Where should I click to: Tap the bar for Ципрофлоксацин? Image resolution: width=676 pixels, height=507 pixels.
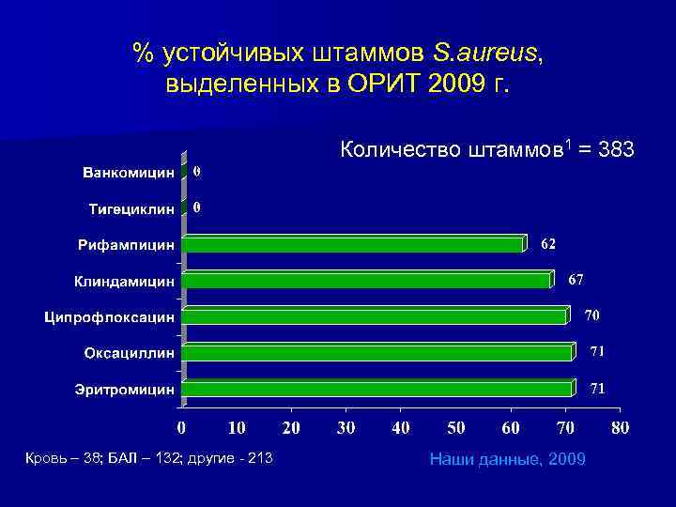pyautogui.click(x=376, y=316)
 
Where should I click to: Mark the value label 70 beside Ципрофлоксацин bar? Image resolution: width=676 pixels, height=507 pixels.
pyautogui.click(x=593, y=314)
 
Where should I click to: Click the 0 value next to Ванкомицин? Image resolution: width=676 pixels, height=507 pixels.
pyautogui.click(x=197, y=173)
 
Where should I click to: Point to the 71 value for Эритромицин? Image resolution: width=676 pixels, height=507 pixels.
pyautogui.click(x=596, y=387)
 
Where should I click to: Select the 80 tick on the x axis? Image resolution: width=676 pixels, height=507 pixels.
pyautogui.click(x=619, y=428)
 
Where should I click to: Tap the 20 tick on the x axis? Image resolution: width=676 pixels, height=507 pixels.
pyautogui.click(x=291, y=428)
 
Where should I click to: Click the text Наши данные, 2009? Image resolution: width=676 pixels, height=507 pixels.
pyautogui.click(x=507, y=458)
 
